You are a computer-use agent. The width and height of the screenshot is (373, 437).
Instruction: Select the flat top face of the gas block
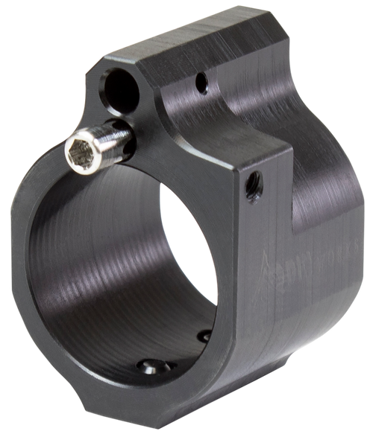pos(201,52)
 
